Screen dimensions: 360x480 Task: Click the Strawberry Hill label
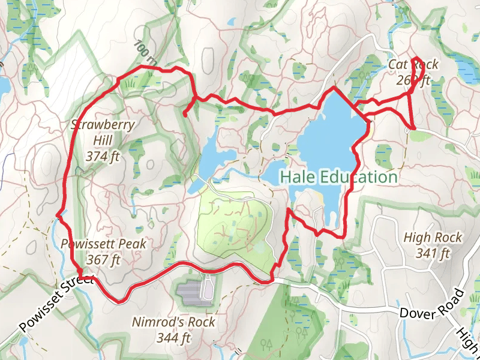(x=103, y=125)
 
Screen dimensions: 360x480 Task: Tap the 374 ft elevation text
(x=103, y=157)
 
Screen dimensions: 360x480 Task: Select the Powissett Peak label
(x=103, y=245)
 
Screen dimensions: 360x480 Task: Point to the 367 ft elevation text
(x=103, y=260)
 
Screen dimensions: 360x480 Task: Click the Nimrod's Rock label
(x=173, y=322)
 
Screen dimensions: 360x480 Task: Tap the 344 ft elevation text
(x=173, y=338)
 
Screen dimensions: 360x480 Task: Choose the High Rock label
(x=433, y=238)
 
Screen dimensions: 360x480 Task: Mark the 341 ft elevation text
(x=433, y=253)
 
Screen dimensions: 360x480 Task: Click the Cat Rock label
(x=413, y=65)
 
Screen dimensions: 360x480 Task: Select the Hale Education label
(x=338, y=178)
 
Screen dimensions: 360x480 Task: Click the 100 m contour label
(x=145, y=53)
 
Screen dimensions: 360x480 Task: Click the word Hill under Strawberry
(x=103, y=141)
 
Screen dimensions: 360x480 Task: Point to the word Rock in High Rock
(x=448, y=238)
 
